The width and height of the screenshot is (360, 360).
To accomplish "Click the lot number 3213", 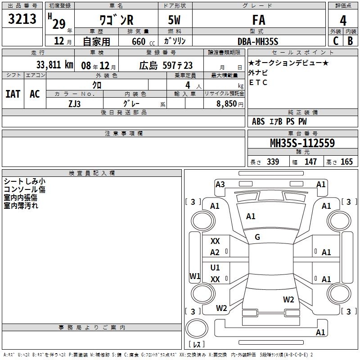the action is point(22,19).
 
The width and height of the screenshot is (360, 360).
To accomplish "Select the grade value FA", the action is point(259,20).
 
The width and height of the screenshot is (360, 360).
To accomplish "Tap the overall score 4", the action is point(343,21).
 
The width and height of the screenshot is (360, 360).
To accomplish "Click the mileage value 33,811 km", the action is point(54,65).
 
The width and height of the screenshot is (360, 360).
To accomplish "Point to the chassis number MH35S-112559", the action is point(302,143).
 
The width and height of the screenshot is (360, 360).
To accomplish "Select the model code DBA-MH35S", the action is point(258,41).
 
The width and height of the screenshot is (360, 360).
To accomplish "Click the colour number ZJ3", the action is point(74,104).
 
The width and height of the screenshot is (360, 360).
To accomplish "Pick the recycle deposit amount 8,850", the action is point(226,104).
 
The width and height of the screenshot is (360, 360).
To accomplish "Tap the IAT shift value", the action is point(13,94).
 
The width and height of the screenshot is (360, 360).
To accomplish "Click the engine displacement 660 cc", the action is point(143,42).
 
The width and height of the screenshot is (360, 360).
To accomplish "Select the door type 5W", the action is point(174,20).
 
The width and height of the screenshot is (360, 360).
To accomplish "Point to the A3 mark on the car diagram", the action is point(220,184).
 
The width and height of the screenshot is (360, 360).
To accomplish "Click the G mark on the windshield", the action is point(257,237).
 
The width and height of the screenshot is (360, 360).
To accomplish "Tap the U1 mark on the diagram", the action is point(215,267).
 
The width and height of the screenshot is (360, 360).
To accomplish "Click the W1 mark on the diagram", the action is point(195,276).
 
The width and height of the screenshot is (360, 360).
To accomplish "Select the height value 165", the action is point(346,162).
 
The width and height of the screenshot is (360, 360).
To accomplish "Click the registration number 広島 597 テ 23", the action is point(166,65).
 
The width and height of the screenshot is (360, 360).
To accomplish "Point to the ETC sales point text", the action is point(258,82).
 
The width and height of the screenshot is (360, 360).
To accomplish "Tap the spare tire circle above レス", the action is point(197,328).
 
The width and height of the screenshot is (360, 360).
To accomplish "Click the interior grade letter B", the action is point(350,41).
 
